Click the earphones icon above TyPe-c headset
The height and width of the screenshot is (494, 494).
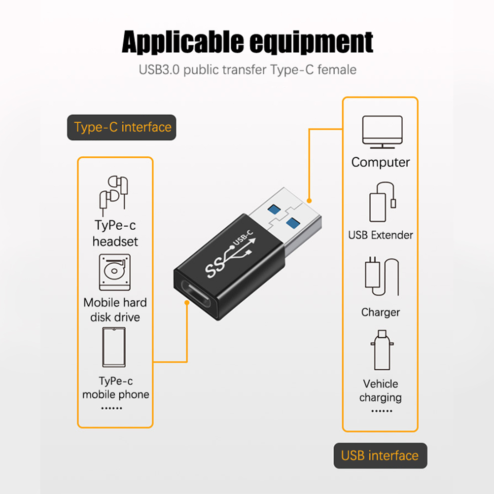pos(114,196)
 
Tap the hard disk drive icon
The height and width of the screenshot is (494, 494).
pos(115,272)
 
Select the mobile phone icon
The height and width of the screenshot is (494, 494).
pos(114,347)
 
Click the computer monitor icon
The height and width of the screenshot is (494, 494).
pos(382,132)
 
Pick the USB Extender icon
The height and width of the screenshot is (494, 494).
pos(383,202)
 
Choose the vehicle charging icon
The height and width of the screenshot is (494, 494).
pos(382,350)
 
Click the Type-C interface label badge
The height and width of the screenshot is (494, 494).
pos(122,127)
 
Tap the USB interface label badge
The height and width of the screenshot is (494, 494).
pos(380,456)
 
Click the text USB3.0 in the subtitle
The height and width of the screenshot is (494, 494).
pos(159,70)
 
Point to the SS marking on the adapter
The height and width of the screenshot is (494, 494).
pos(215,267)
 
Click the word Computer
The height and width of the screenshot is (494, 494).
pos(381,162)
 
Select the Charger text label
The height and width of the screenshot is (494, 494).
pos(381,312)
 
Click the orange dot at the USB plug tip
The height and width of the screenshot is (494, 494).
pos(310,201)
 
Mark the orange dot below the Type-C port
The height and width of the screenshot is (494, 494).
pos(187,303)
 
